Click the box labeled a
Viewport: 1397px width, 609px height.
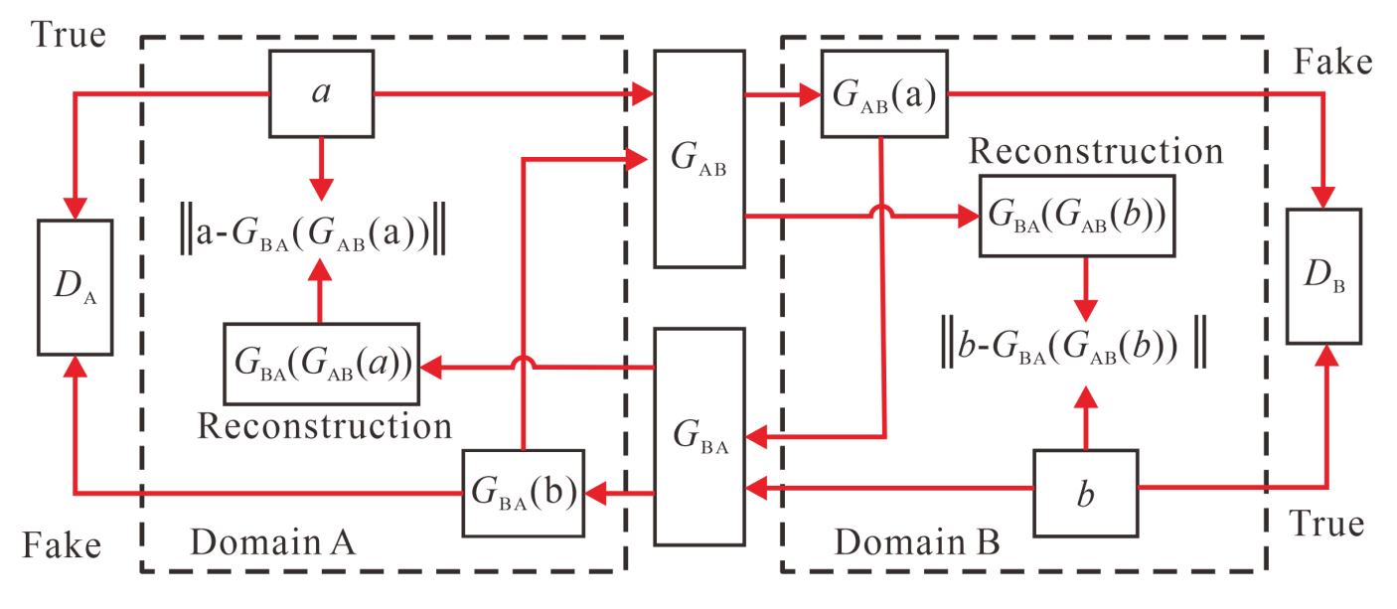(x=322, y=93)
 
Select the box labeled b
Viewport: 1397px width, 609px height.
(x=1085, y=494)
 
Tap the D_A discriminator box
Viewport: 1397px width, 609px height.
(x=75, y=287)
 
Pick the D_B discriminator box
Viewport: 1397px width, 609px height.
(x=1323, y=276)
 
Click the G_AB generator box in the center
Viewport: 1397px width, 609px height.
(x=699, y=159)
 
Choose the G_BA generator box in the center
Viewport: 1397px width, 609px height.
(x=699, y=436)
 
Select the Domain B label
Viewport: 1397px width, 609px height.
(x=915, y=542)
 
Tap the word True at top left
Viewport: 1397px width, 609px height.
(x=69, y=36)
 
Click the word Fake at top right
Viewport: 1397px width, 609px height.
(x=1332, y=62)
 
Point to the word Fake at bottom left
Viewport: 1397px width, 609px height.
(x=62, y=545)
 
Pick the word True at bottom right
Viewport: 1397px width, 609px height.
(x=1326, y=523)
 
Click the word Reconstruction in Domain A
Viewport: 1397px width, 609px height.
(x=324, y=426)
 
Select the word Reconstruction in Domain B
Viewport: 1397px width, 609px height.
(x=1095, y=151)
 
